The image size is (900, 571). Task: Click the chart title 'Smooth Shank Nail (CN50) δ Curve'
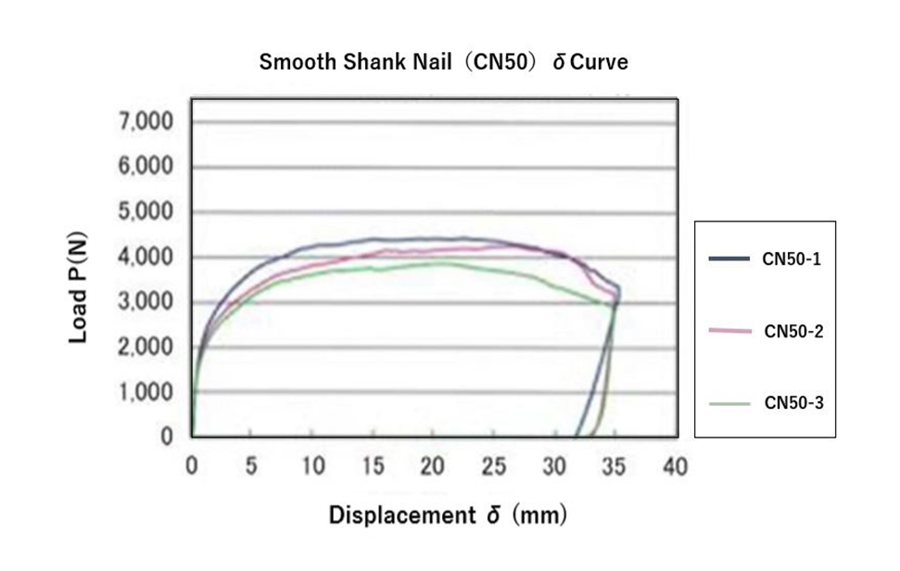pyautogui.click(x=443, y=62)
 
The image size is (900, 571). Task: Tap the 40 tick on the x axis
pyautogui.click(x=676, y=465)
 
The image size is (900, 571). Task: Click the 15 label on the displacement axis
pyautogui.click(x=373, y=465)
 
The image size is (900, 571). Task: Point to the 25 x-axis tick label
pyautogui.click(x=494, y=465)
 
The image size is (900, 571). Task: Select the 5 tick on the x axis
pyautogui.click(x=251, y=465)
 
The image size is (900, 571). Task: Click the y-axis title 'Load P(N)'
pyautogui.click(x=79, y=287)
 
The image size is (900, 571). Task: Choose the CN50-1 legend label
pyautogui.click(x=792, y=260)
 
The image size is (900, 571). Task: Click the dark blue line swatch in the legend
pyautogui.click(x=729, y=260)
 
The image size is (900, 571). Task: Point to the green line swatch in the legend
pyautogui.click(x=729, y=403)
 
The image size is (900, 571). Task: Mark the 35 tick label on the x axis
pyautogui.click(x=615, y=465)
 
